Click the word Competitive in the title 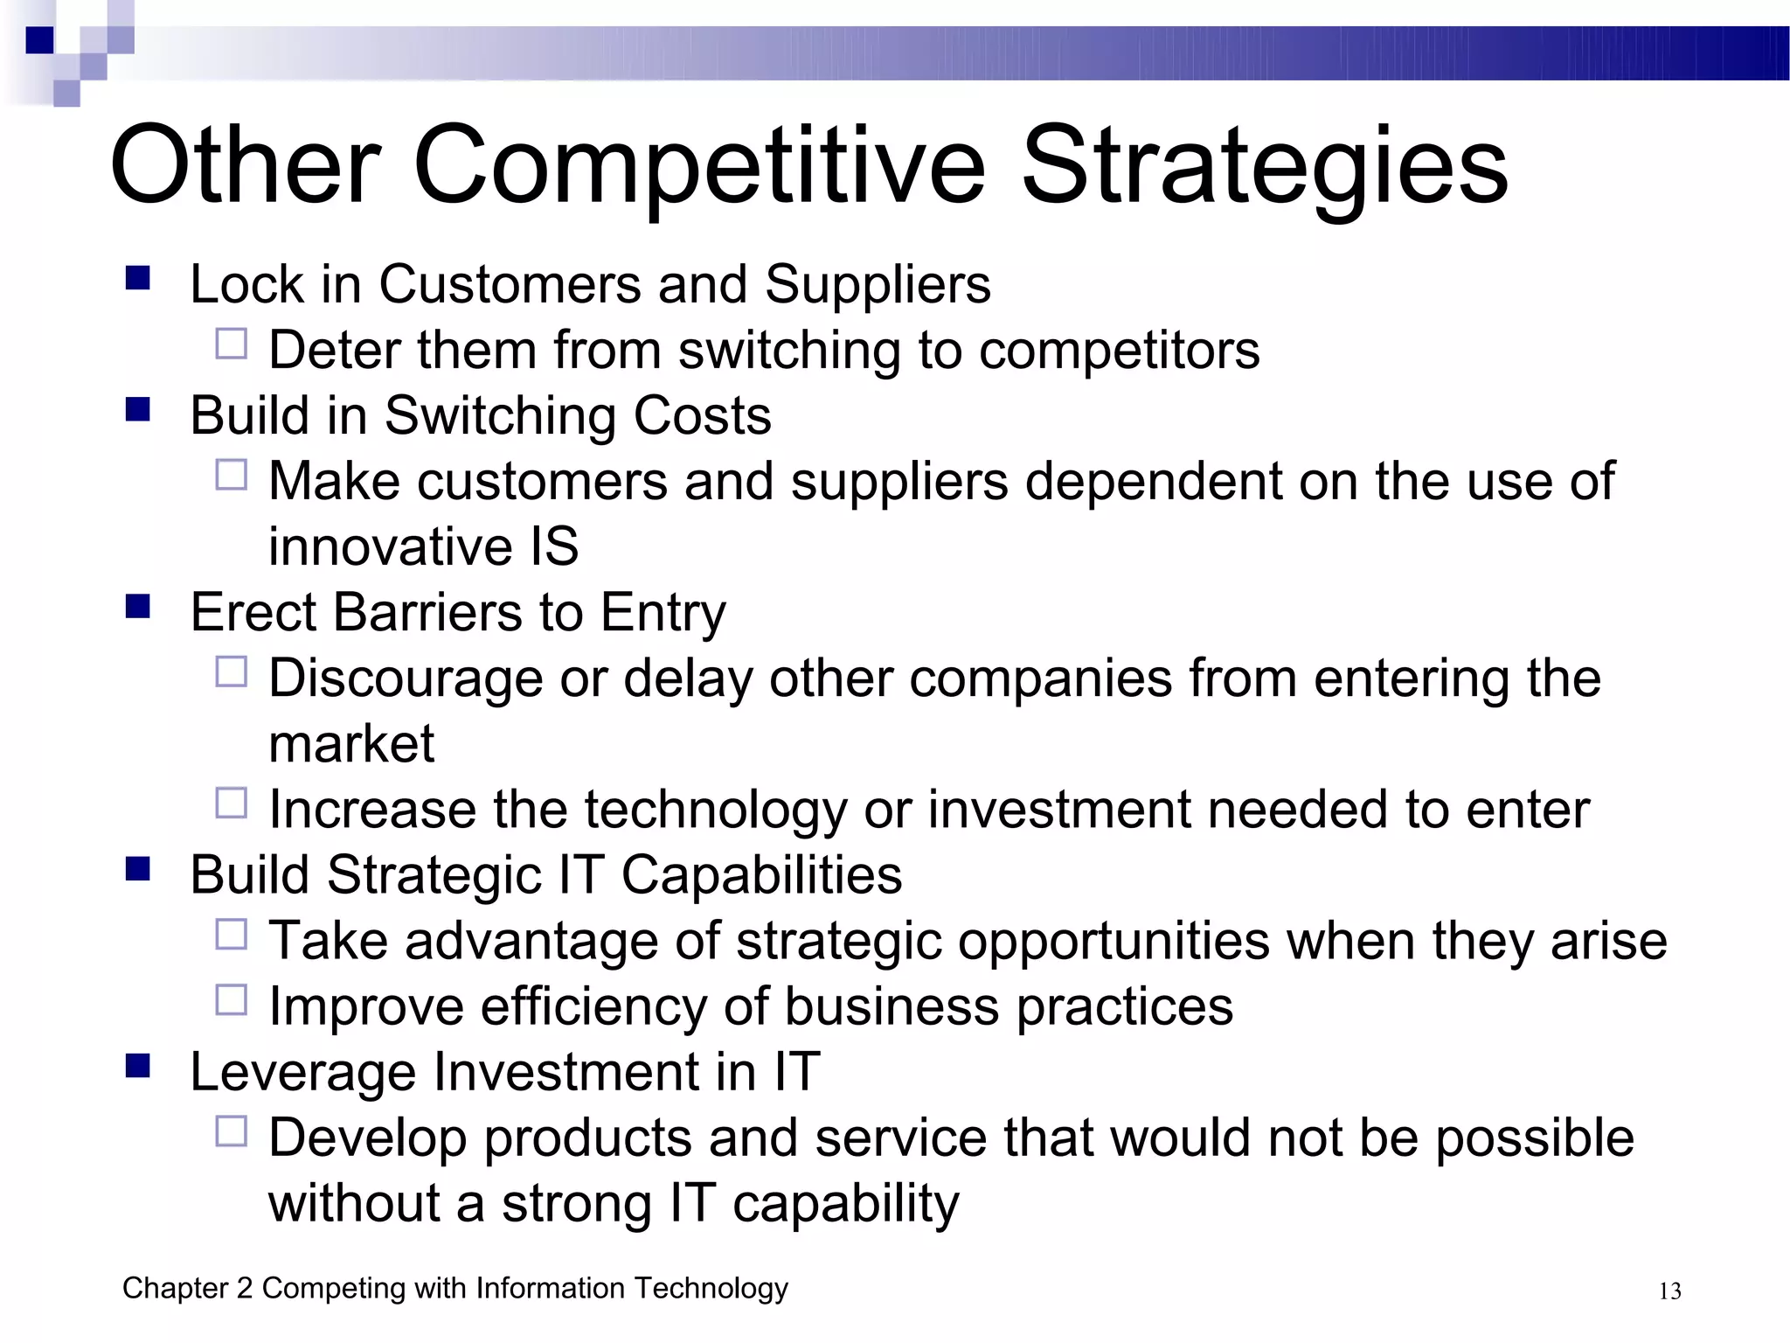point(699,166)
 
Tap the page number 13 point(1669,1291)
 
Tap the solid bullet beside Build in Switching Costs point(138,409)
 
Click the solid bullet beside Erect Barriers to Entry point(138,606)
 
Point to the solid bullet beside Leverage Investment point(138,1066)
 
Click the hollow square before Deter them point(232,344)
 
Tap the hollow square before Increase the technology point(232,803)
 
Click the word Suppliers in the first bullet point(878,285)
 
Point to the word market point(351,744)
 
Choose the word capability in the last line point(845,1204)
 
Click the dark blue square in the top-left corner point(39,40)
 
